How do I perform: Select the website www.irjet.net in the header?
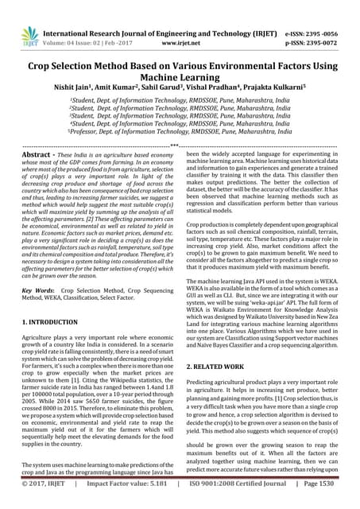point(185,24)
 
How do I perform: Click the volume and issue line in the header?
point(88,24)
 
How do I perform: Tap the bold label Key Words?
point(36,281)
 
